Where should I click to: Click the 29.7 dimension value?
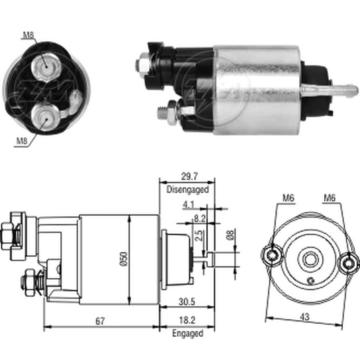[189, 176]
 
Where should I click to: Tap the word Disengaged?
[188, 190]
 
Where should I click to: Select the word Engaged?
[188, 333]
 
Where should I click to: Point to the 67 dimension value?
[100, 321]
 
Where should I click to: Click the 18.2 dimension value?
[187, 320]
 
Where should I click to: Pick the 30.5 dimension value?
[187, 302]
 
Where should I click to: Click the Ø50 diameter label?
[123, 259]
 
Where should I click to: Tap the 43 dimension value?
[305, 317]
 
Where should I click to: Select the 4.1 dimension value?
[189, 205]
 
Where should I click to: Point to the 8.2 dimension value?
[200, 219]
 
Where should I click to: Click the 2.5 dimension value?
[200, 235]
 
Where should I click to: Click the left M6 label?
[288, 198]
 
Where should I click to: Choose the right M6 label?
[329, 198]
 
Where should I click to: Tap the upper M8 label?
[28, 35]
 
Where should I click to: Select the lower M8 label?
[22, 141]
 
